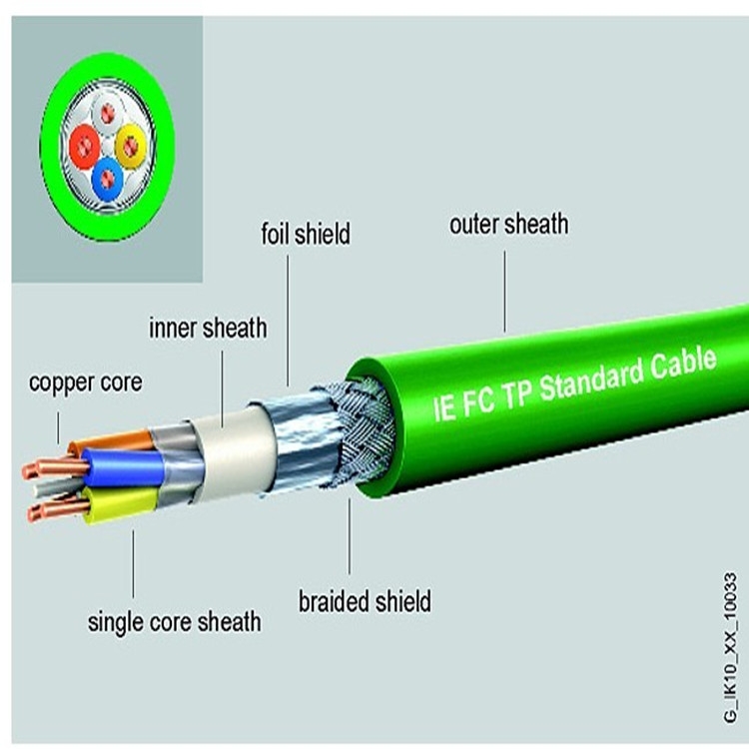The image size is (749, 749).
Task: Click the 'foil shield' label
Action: tap(306, 234)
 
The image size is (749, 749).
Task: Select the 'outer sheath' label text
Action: tap(509, 224)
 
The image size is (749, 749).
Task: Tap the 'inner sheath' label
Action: tap(208, 328)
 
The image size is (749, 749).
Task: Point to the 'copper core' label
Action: tap(86, 382)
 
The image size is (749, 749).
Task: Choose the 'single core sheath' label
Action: tap(175, 622)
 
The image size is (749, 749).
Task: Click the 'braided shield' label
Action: tap(365, 601)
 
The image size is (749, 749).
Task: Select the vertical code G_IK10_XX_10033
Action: tap(730, 648)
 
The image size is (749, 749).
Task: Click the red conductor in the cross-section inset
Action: tap(85, 146)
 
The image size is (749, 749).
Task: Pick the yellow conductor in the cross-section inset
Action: tap(131, 145)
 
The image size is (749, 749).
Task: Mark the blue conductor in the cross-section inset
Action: tap(108, 179)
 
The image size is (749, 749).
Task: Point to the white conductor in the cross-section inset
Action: tap(107, 113)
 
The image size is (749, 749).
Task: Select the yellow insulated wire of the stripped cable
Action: tap(121, 504)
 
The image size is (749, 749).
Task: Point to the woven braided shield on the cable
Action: tap(364, 432)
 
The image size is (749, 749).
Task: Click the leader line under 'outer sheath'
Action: tap(504, 292)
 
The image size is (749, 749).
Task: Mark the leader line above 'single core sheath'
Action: tap(133, 563)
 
